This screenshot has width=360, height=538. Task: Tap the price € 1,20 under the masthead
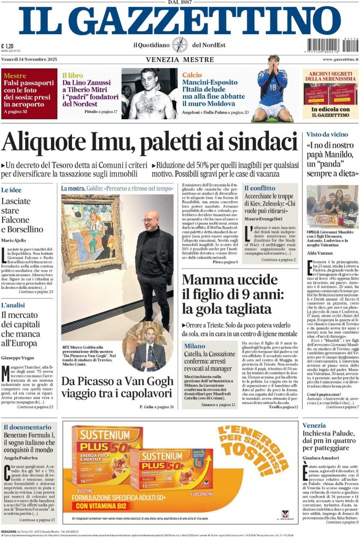click(7, 45)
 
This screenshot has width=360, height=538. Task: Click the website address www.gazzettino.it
click(340, 60)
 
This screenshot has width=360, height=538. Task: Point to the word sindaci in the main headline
click(258, 142)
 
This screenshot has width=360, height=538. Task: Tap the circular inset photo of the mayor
click(147, 347)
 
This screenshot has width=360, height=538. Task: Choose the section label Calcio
click(192, 75)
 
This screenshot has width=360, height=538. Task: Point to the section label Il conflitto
click(260, 188)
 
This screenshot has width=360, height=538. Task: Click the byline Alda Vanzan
click(321, 253)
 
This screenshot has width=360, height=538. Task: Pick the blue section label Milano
click(194, 346)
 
